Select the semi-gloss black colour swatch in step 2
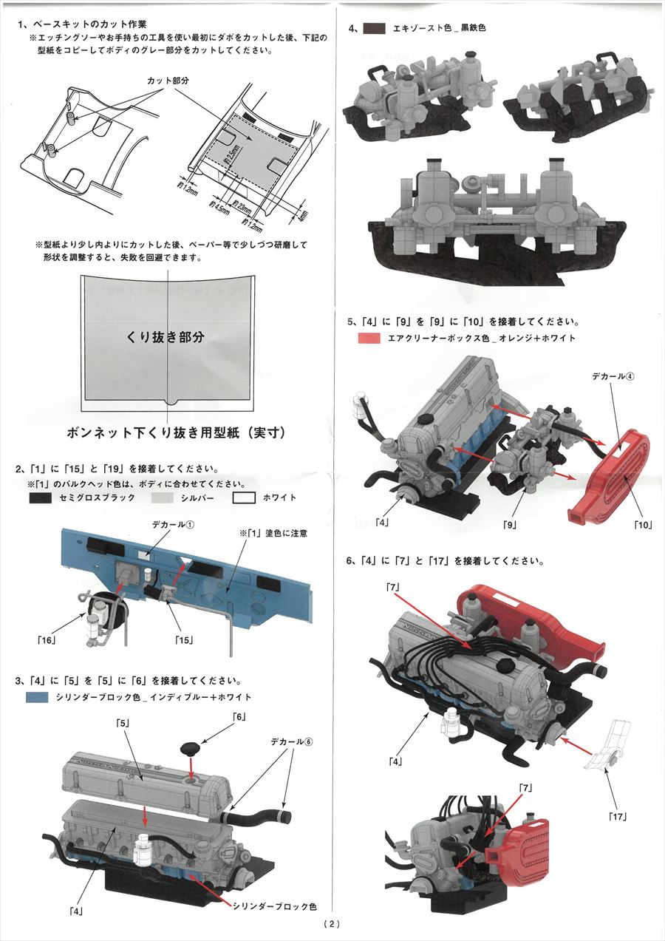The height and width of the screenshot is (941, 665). pyautogui.click(x=38, y=498)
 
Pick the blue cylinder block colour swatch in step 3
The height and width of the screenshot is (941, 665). pyautogui.click(x=38, y=697)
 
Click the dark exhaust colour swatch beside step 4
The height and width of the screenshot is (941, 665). pyautogui.click(x=375, y=28)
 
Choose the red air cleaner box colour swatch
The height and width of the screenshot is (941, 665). pyautogui.click(x=369, y=338)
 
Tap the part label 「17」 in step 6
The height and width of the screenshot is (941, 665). pyautogui.click(x=618, y=816)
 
